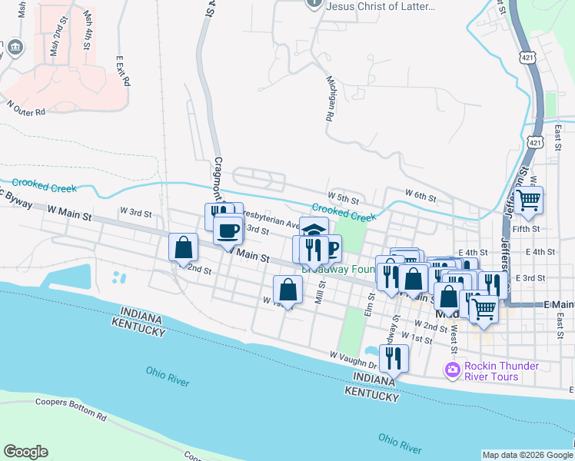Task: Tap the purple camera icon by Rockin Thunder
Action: [x=452, y=370]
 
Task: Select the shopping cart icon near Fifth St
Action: [x=528, y=200]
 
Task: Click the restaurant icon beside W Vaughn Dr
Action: [x=393, y=357]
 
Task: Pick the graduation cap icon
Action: [x=314, y=230]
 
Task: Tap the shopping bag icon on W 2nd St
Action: [x=183, y=247]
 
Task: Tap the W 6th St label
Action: [x=420, y=197]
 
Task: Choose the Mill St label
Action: [x=321, y=292]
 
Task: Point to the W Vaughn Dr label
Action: [x=354, y=357]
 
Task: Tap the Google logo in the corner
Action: [x=25, y=452]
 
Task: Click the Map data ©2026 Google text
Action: [x=527, y=455]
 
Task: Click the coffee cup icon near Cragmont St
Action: [x=228, y=229]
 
